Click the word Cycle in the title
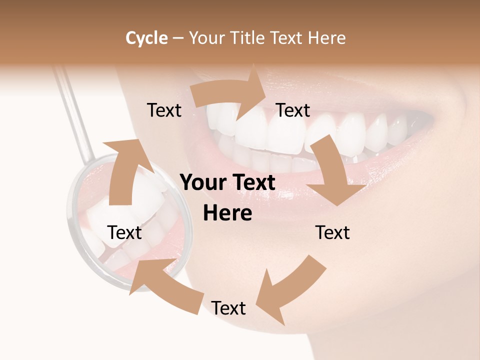(x=146, y=38)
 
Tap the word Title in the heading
(x=248, y=38)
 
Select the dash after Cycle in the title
(x=178, y=38)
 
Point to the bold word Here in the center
(x=227, y=213)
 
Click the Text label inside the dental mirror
(x=125, y=232)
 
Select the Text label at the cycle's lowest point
(x=228, y=308)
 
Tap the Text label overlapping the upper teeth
(x=293, y=110)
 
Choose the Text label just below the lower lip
(x=332, y=232)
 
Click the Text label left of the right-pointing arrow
(x=164, y=110)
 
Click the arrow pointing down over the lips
(x=332, y=172)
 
